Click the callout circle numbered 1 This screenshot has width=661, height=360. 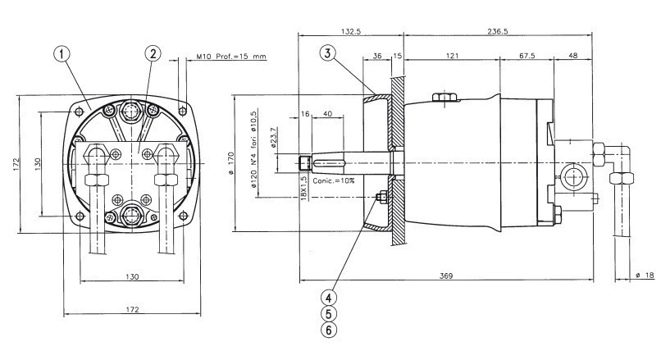coord(64,53)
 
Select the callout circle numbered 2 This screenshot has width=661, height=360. coord(153,53)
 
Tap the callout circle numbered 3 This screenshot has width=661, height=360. coord(327,54)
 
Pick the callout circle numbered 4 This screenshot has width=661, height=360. coord(327,298)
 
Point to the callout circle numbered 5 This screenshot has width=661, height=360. coord(327,313)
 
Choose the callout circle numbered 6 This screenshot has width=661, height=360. coord(327,329)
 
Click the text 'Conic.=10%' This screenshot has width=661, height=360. coord(334,179)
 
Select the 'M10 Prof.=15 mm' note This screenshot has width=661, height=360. coord(231,58)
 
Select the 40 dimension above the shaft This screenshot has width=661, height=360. coord(327,114)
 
